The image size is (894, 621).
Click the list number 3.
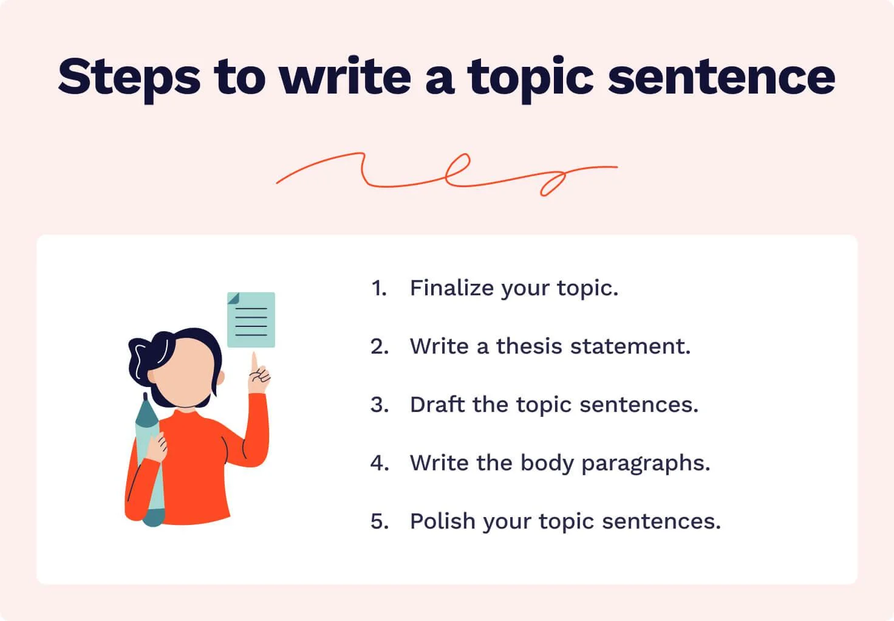tap(380, 405)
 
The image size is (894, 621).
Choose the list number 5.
tap(380, 521)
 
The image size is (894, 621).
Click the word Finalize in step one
tap(452, 288)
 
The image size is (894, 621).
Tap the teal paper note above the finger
tap(251, 320)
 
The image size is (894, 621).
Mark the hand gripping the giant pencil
tap(157, 448)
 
